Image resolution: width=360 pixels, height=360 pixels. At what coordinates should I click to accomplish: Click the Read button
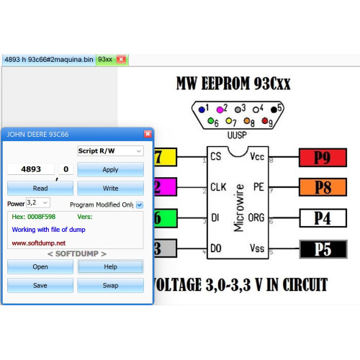click(x=40, y=188)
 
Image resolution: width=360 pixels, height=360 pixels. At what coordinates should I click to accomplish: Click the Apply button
click(x=110, y=170)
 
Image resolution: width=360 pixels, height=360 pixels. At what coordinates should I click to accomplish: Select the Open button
click(x=40, y=266)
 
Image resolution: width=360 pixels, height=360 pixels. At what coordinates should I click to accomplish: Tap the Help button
click(x=110, y=266)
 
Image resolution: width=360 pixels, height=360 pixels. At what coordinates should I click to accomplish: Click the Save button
click(x=40, y=285)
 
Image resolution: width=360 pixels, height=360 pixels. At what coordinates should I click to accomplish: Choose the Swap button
click(x=110, y=285)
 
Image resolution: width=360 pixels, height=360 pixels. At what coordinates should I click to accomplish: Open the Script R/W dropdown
click(x=110, y=151)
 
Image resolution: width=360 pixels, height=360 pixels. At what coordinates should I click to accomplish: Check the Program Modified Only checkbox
click(x=140, y=204)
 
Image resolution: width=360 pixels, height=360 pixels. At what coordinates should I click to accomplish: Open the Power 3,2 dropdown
click(x=38, y=203)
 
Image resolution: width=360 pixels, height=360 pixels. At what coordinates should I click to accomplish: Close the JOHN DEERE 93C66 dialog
click(x=148, y=134)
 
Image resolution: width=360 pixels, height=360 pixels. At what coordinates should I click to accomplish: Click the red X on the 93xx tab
click(x=121, y=59)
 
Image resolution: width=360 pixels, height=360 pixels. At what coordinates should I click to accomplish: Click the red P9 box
click(x=323, y=158)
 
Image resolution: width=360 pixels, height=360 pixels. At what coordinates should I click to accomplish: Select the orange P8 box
click(x=323, y=187)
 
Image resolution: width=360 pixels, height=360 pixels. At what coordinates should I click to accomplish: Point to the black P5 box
click(x=323, y=249)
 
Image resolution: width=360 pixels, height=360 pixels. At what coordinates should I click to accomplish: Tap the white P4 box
click(x=323, y=218)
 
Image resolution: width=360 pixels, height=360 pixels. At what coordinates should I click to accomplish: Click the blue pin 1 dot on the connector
click(x=202, y=109)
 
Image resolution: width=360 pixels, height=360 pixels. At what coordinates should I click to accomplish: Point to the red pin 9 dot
click(x=265, y=120)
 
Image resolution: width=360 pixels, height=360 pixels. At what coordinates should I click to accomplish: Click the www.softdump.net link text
click(x=39, y=243)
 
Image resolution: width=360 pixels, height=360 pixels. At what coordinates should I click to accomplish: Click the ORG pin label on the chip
click(x=256, y=217)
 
